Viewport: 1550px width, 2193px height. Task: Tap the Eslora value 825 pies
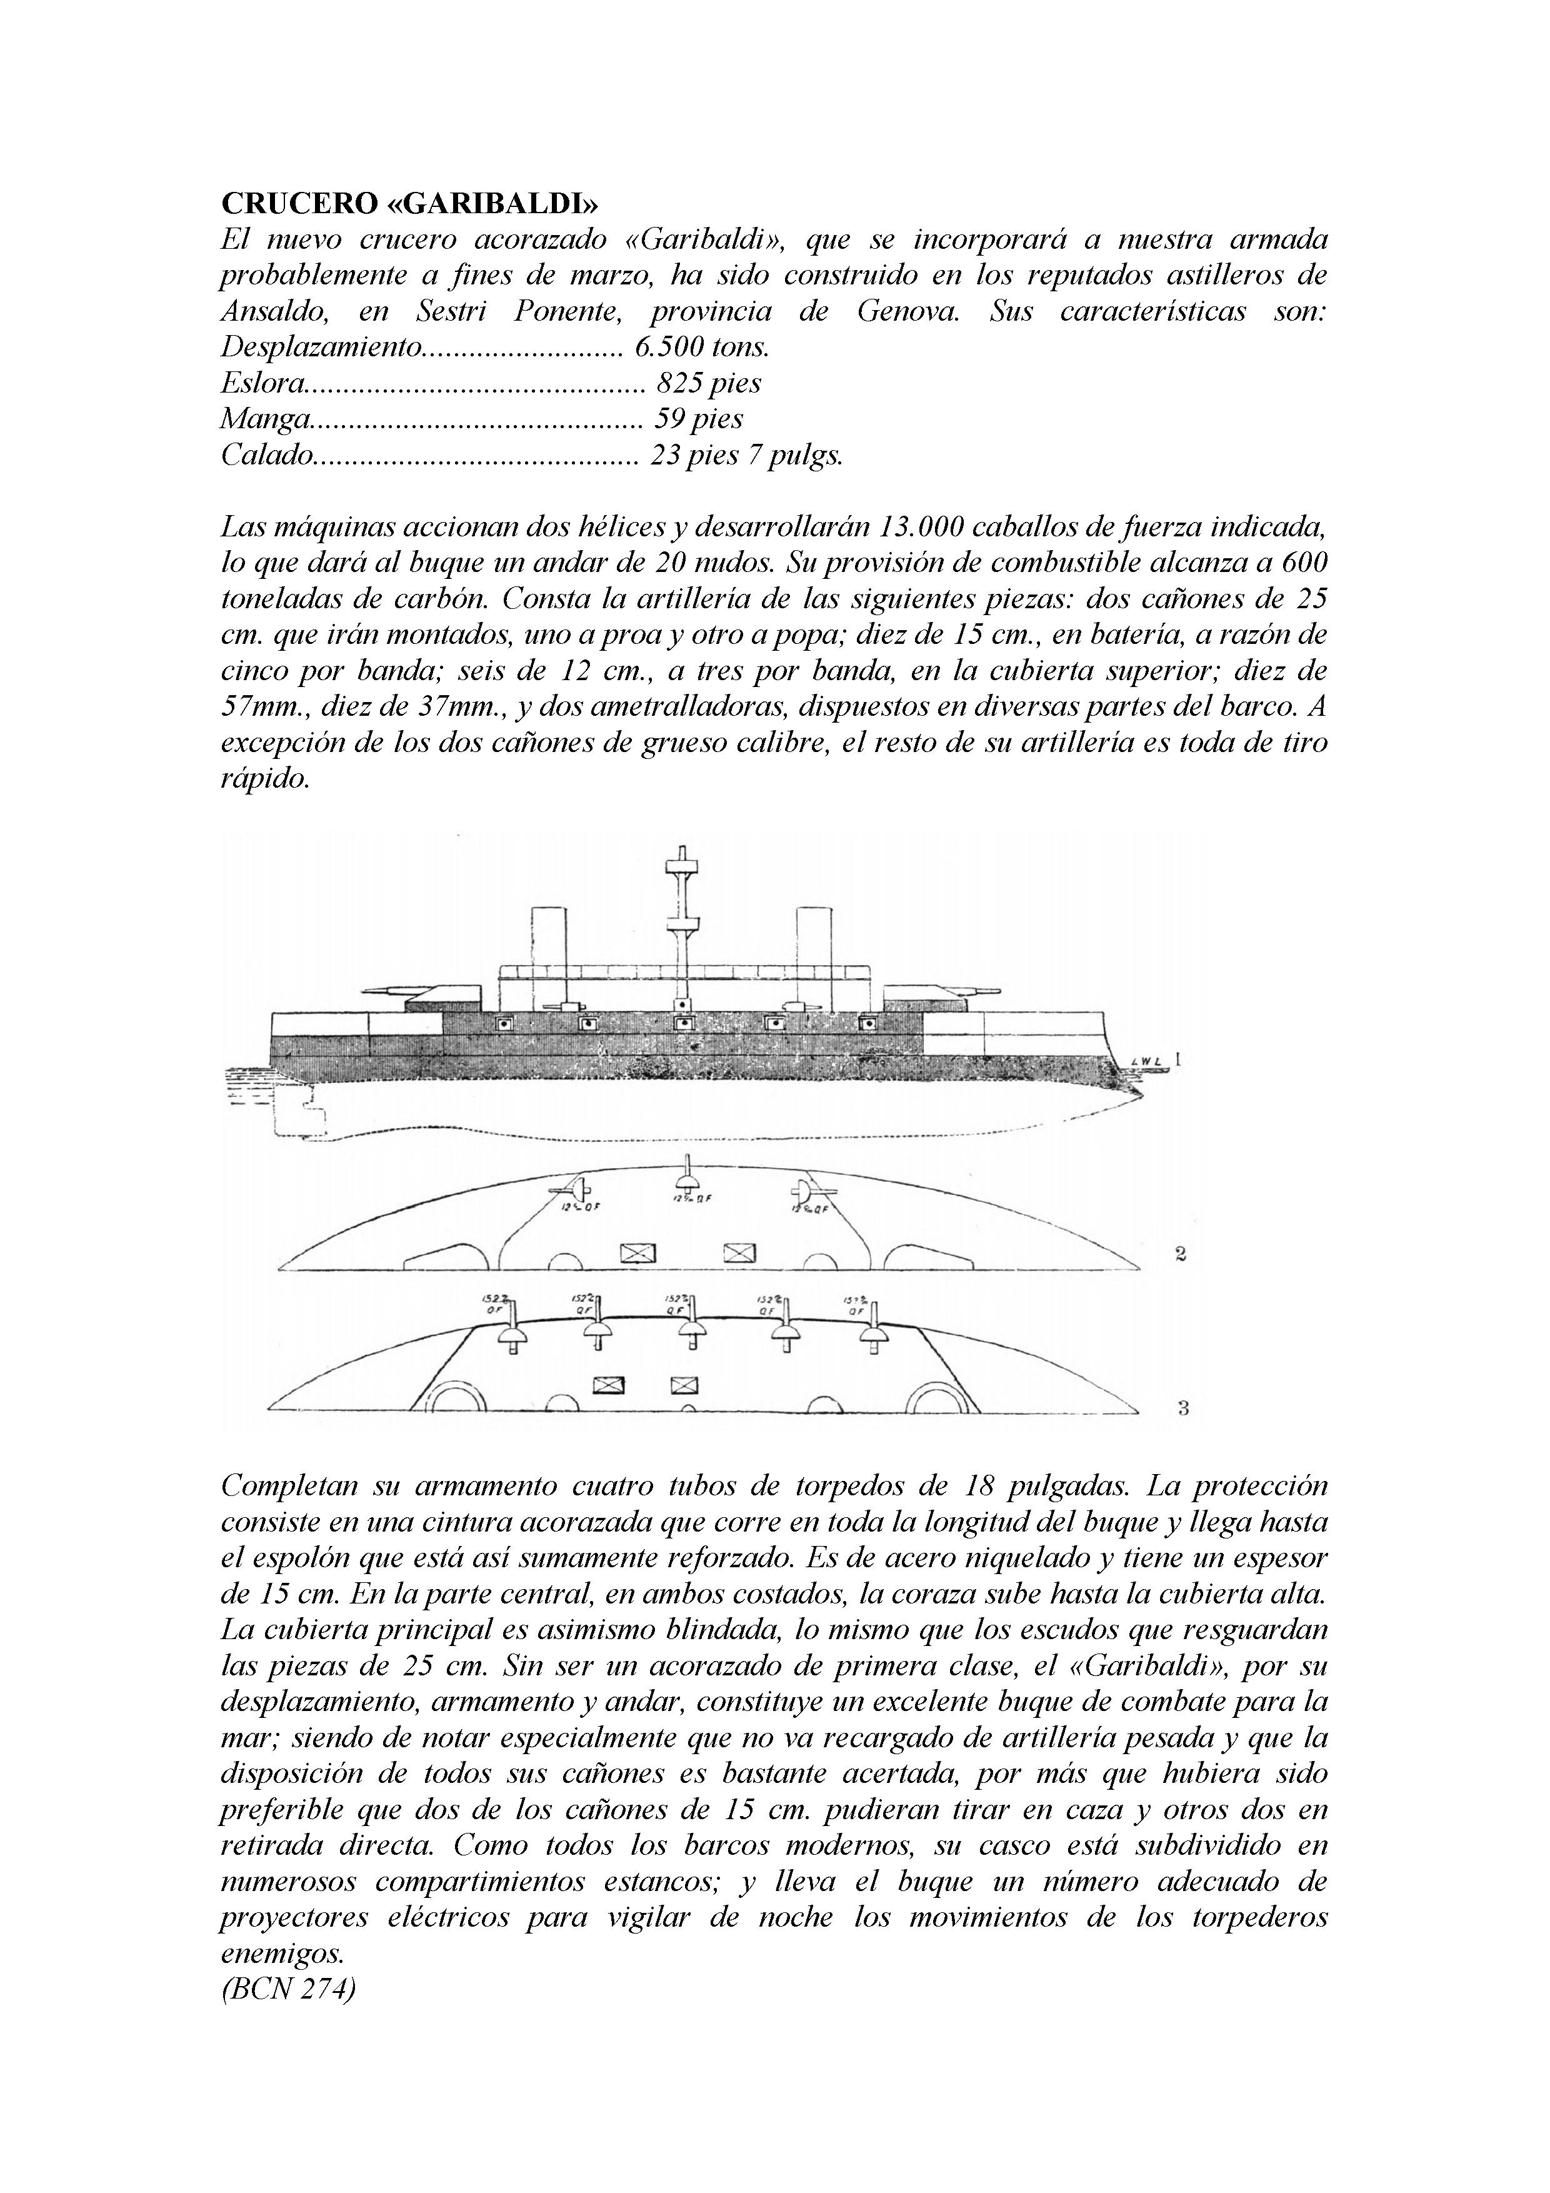pyautogui.click(x=709, y=384)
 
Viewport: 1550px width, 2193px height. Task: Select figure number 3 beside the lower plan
pyautogui.click(x=1182, y=1408)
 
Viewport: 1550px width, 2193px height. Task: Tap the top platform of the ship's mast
pyautogui.click(x=682, y=867)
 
